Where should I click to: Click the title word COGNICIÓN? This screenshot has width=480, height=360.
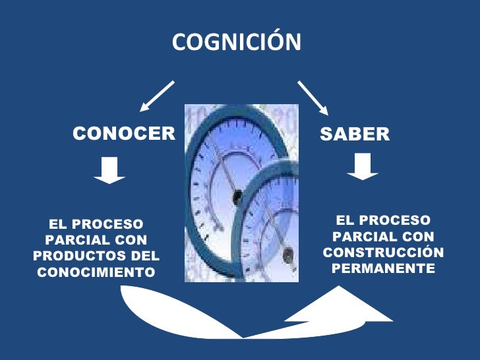point(236,43)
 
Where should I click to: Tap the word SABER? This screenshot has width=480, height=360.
point(355,135)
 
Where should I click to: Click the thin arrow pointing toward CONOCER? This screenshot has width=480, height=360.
point(156,96)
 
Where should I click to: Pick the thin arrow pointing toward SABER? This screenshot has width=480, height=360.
point(313,98)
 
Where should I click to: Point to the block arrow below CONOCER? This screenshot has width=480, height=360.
point(109,169)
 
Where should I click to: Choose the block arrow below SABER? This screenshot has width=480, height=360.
point(362,166)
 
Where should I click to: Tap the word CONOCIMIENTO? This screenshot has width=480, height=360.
point(97,272)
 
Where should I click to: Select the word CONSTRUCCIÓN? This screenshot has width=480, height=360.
point(383,253)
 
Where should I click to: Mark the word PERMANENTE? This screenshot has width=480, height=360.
point(383,268)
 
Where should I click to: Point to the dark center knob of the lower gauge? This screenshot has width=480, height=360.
point(286,251)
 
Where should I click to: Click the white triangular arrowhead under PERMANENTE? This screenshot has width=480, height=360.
point(338,305)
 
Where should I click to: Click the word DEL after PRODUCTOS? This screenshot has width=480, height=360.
point(146,256)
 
